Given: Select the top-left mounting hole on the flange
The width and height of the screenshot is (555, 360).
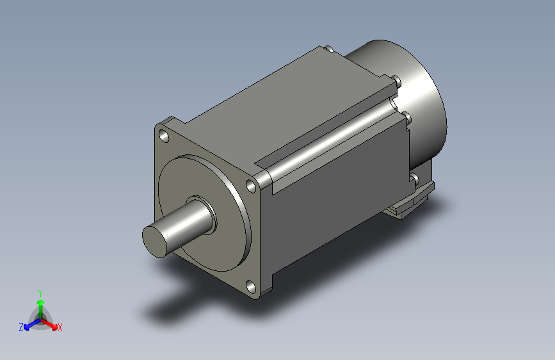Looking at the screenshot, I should [165, 136].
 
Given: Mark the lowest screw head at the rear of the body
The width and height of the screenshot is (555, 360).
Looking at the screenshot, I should [414, 177].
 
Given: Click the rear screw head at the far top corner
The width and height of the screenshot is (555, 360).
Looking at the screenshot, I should [327, 49].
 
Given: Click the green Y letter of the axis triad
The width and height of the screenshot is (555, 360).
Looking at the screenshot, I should [40, 291].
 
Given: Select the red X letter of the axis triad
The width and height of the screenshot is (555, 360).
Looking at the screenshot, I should [60, 328].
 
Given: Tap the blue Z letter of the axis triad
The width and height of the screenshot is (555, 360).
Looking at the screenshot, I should [21, 327].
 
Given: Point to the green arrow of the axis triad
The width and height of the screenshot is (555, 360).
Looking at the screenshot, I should [40, 304].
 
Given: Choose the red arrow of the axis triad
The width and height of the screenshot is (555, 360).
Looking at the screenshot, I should [51, 323].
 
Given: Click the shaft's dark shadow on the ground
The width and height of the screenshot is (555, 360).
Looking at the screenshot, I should [170, 307].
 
